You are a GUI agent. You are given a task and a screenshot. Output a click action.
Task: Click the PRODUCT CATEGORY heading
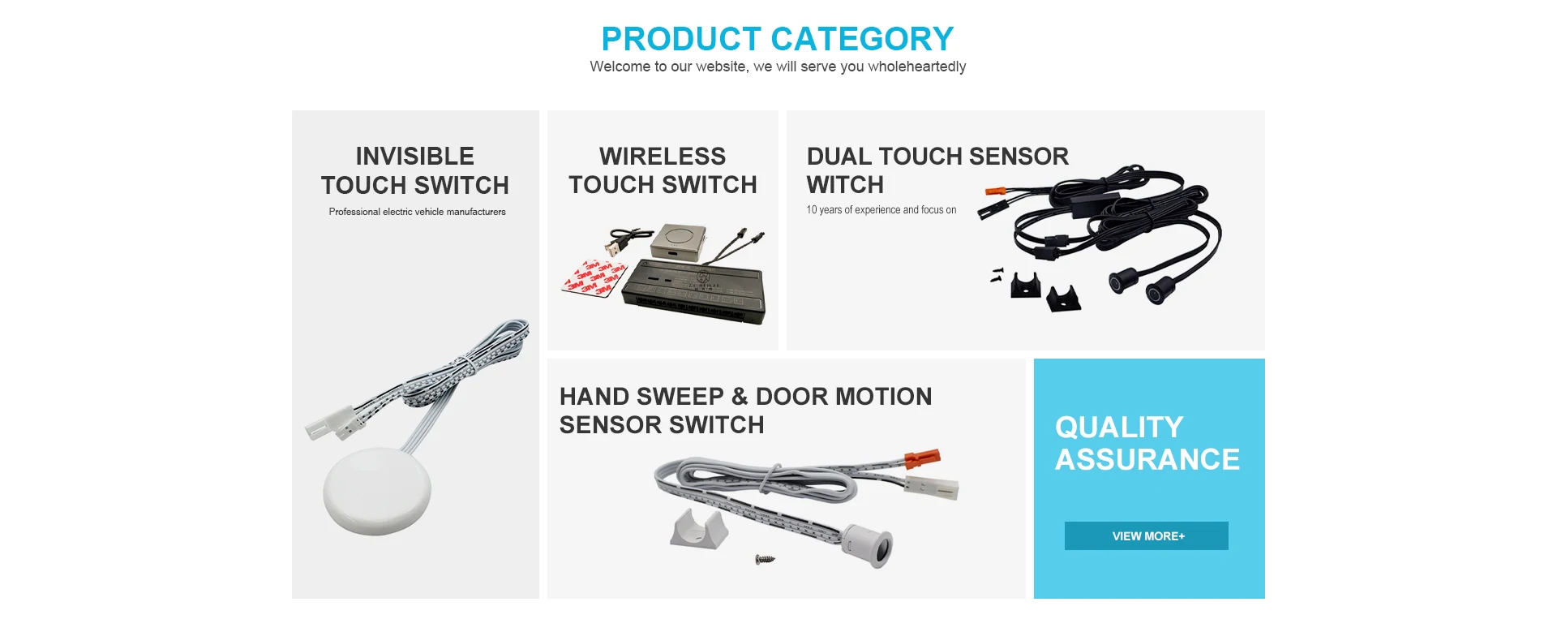777,39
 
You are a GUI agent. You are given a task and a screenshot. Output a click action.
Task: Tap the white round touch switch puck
377,491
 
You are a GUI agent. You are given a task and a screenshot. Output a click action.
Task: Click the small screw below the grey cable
765,558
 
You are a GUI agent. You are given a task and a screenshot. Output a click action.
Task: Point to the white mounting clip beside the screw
698,528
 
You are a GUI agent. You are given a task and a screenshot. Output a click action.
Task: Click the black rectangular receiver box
694,292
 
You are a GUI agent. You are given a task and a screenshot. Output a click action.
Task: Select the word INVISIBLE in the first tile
415,156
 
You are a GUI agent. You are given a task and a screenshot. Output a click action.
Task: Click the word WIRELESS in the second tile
663,156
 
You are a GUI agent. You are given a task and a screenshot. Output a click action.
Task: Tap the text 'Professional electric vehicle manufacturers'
417,212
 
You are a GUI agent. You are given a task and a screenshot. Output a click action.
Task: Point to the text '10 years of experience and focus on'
881,209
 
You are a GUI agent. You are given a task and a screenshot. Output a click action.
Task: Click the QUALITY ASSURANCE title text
1147,443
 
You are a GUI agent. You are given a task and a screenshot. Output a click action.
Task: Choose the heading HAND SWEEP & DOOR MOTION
746,396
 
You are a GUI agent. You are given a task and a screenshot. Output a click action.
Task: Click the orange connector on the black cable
995,193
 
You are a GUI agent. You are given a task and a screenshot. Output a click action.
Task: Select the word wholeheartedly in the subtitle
916,67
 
